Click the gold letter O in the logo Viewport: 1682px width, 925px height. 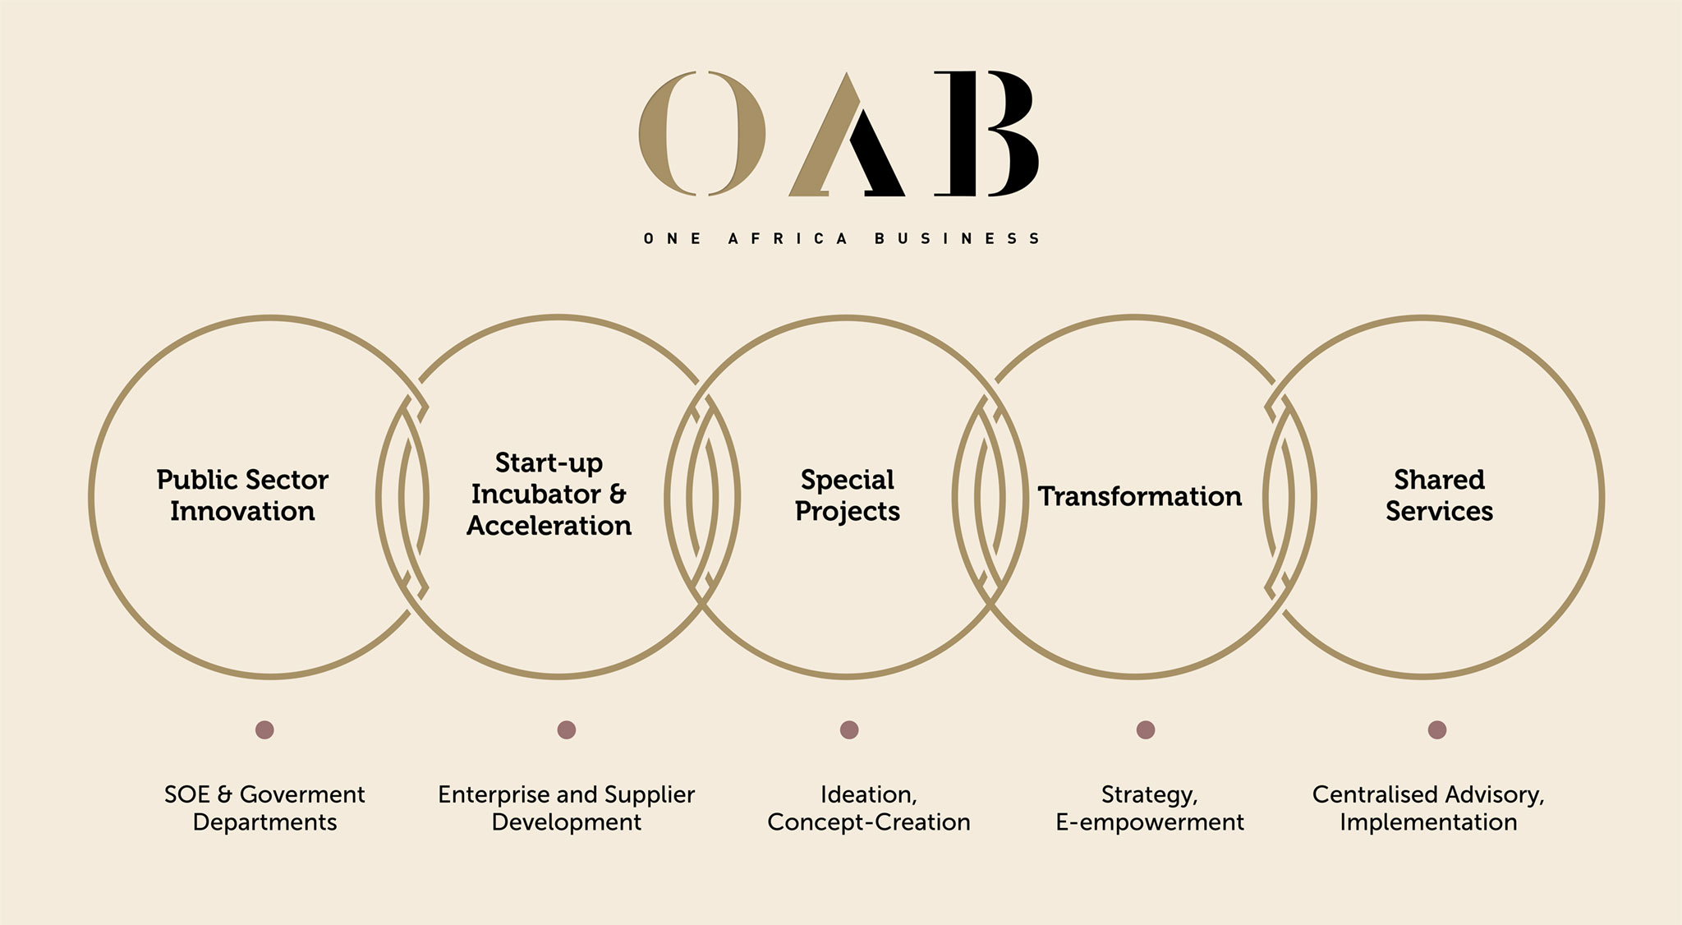702,133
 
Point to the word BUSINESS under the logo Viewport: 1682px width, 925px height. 958,239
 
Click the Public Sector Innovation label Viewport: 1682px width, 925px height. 242,495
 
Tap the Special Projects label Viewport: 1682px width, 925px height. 848,495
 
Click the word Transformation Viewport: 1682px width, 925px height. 1139,496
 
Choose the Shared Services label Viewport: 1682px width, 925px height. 1439,495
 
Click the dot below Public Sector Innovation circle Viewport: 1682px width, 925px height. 264,729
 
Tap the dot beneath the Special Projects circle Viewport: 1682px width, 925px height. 849,729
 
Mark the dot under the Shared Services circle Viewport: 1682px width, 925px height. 1436,729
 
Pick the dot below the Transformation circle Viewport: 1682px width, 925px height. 1146,729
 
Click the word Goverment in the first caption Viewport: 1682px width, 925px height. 302,794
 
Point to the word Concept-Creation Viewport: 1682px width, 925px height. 868,822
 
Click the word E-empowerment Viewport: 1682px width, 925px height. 1149,822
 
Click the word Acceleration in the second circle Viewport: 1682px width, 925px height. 549,526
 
